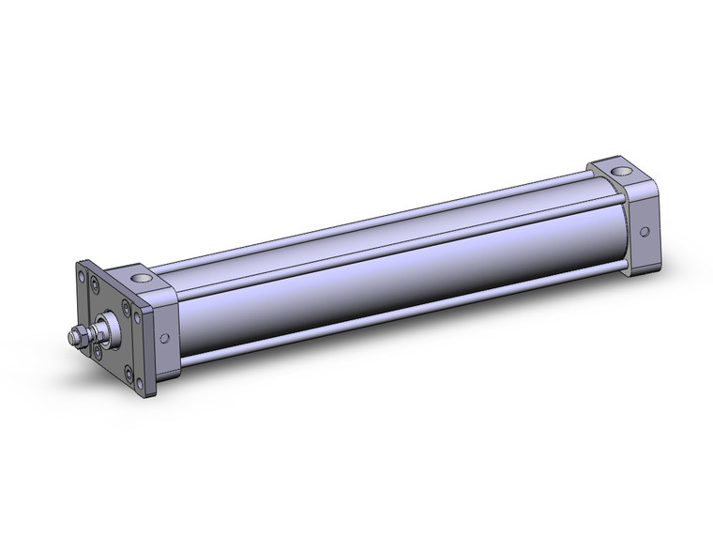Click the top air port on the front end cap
140,279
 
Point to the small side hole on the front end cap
165,339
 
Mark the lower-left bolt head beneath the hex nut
97,351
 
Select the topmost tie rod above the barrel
375,211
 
